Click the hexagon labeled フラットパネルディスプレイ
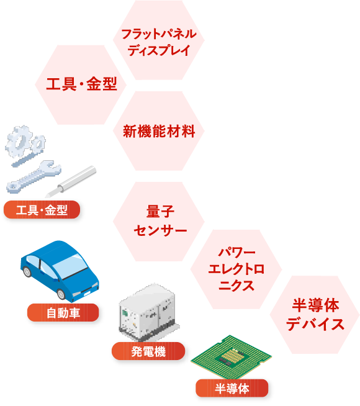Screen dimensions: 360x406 159,40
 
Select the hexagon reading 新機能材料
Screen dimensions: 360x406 159,131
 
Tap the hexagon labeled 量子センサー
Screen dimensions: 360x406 159,222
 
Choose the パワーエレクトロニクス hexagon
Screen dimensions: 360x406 236,269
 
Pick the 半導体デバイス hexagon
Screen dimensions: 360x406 315,315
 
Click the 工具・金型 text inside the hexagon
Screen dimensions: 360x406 81,84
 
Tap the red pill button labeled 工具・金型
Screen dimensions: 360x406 42,209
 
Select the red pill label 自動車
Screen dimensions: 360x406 63,312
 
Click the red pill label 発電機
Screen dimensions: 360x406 148,351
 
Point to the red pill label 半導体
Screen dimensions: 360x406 232,388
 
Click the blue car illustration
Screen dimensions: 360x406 60,271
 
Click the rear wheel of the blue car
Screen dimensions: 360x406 27,271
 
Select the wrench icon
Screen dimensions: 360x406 34,177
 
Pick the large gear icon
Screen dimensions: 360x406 19,141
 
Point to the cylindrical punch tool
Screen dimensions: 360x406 71,182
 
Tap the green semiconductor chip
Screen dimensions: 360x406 231,357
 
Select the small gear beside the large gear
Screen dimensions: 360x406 38,143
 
